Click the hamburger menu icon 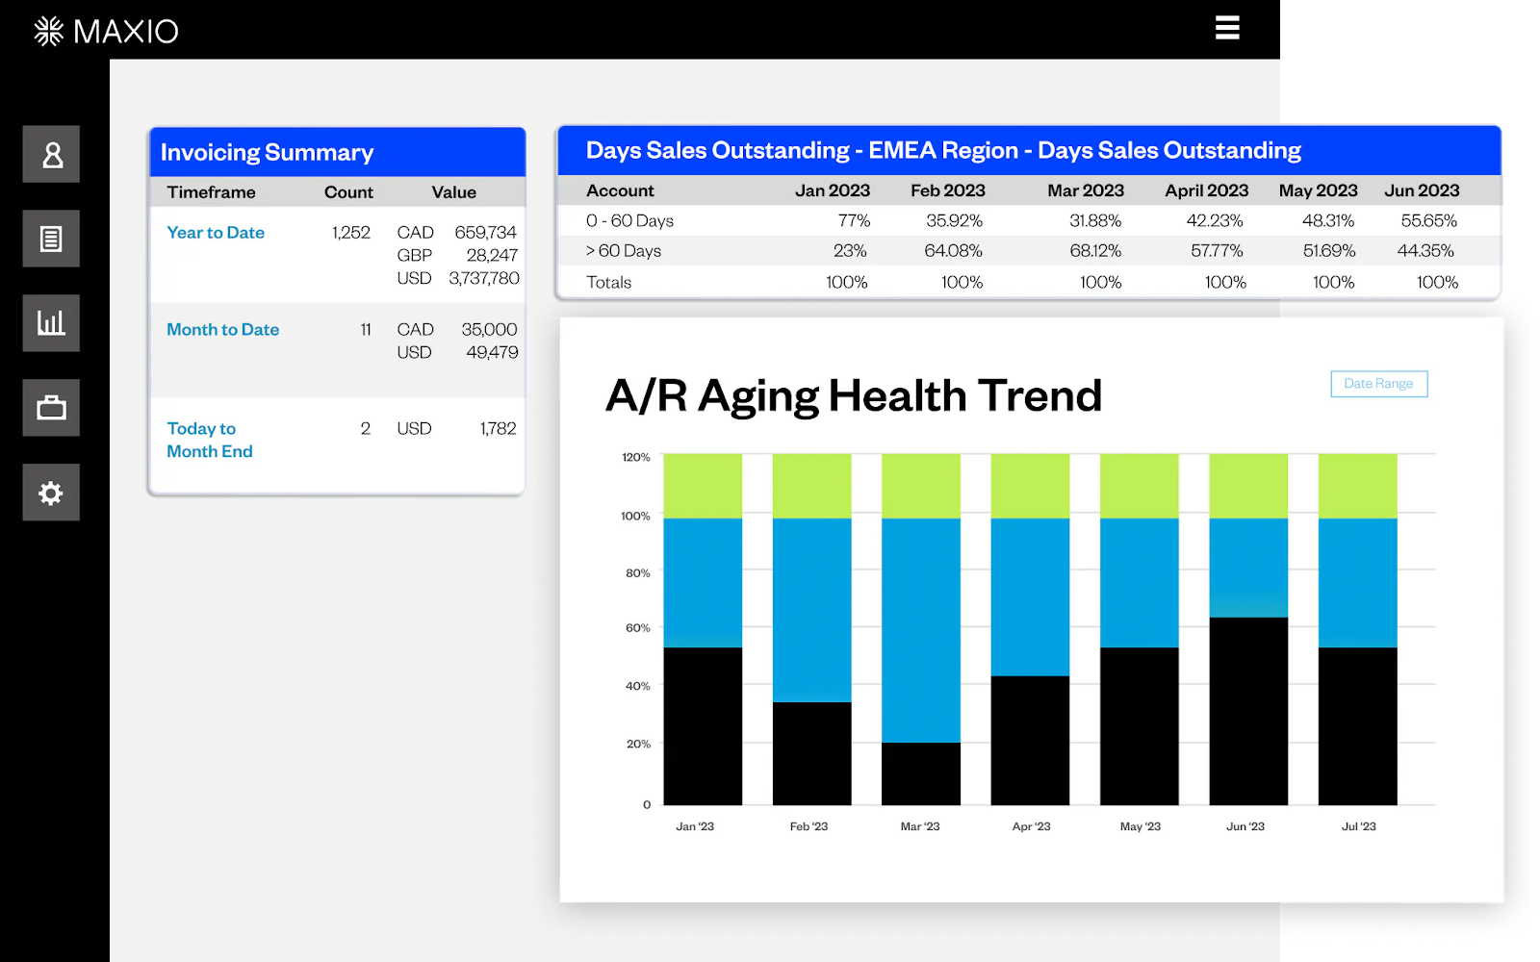[1227, 28]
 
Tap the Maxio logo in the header [106, 32]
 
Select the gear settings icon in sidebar [51, 493]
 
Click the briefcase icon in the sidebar [51, 408]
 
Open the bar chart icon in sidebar [51, 323]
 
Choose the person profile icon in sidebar [51, 154]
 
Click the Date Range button [1378, 384]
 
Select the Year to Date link [216, 233]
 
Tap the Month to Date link [222, 330]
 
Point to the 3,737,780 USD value [483, 279]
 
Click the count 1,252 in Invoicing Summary [350, 233]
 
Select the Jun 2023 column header [1422, 190]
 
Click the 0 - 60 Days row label [629, 221]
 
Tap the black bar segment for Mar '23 [920, 773]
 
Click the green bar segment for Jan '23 [703, 486]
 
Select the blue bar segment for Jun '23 [1248, 568]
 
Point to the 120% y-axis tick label [635, 457]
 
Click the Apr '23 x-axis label [1031, 826]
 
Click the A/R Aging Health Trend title [854, 395]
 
